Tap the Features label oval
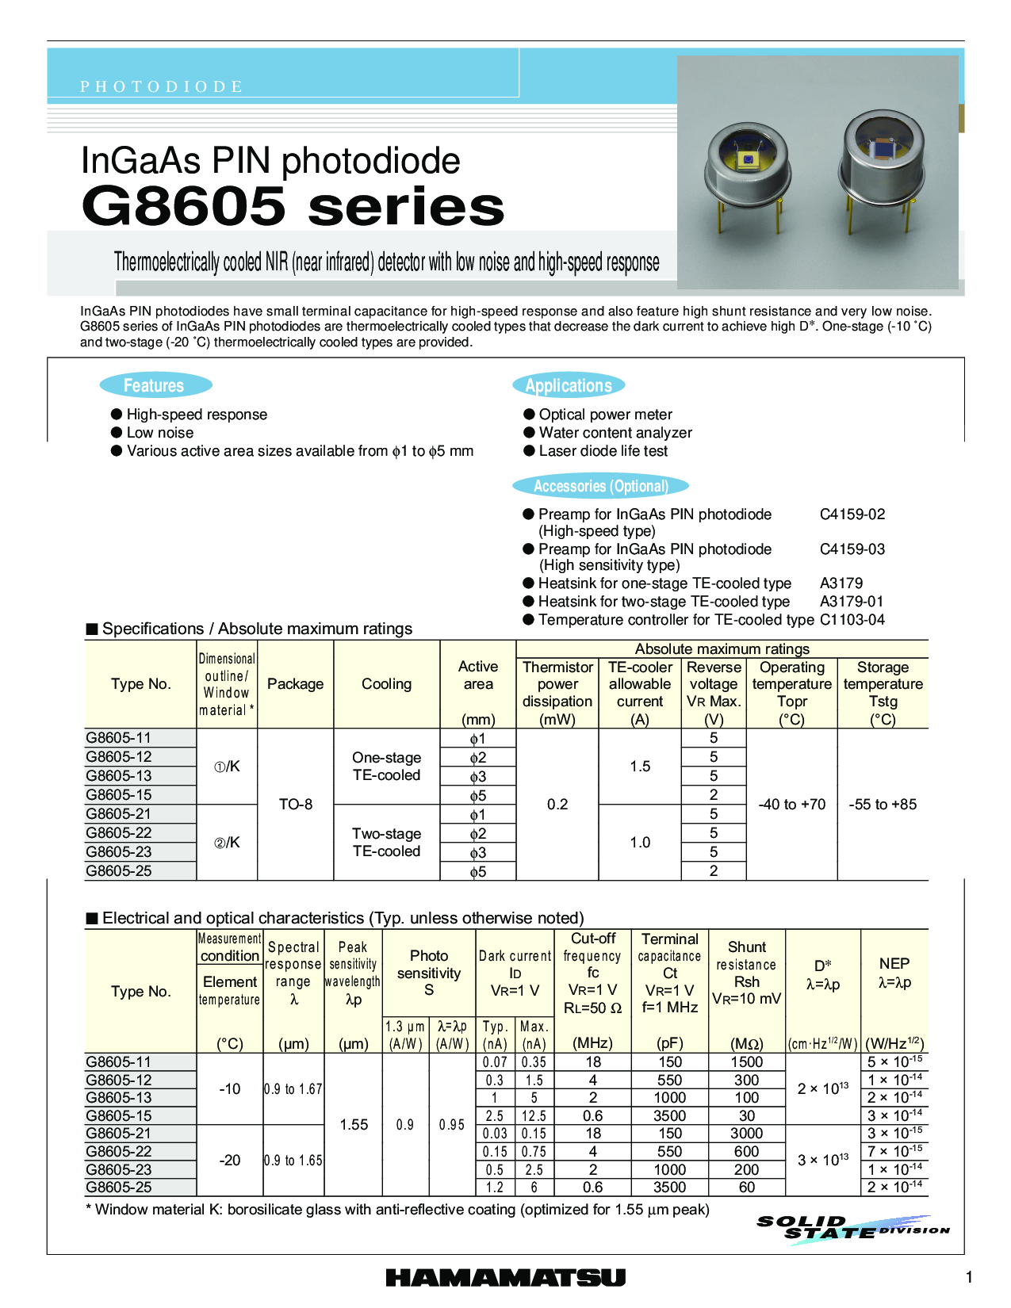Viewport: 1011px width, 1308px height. [x=155, y=386]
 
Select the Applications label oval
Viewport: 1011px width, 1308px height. [x=569, y=386]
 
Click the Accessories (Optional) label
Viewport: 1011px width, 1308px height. [x=600, y=486]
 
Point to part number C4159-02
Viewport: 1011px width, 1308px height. [x=852, y=514]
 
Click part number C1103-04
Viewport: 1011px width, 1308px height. [x=852, y=620]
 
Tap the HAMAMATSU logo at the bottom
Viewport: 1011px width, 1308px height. [x=505, y=1277]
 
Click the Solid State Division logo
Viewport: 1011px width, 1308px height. [x=852, y=1229]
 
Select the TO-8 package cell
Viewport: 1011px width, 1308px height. [x=296, y=805]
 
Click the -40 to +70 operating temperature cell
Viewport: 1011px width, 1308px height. [x=791, y=805]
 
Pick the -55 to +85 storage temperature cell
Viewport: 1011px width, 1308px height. [x=883, y=805]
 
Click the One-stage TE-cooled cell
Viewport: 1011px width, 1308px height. [x=386, y=767]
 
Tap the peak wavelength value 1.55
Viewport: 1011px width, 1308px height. [x=354, y=1125]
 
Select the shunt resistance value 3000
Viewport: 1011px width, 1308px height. [x=746, y=1134]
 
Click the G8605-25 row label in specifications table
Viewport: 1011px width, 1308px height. [x=119, y=871]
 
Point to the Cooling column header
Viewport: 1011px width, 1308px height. [x=386, y=684]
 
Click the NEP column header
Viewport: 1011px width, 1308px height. [x=894, y=973]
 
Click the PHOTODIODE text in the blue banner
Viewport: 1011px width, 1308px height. [x=161, y=86]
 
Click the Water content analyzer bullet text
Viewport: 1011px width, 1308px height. [x=615, y=433]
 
